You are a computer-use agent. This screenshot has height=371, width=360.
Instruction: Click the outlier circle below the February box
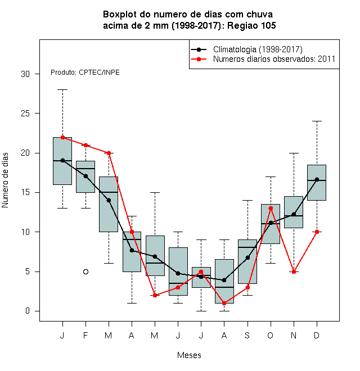[85, 272]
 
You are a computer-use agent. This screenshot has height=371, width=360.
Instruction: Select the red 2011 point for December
[317, 232]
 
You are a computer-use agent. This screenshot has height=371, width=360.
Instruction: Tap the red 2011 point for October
[271, 208]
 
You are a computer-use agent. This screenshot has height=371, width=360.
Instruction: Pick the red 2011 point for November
[294, 272]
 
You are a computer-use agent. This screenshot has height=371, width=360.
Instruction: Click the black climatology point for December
[317, 179]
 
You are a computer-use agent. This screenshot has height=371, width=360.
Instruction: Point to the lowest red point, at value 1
[224, 303]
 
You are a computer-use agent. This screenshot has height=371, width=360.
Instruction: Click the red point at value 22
[63, 137]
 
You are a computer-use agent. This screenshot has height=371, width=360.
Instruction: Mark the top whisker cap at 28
[63, 90]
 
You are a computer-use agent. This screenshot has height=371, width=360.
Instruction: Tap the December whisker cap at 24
[317, 121]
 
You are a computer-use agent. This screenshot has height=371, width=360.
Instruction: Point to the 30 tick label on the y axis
[25, 74]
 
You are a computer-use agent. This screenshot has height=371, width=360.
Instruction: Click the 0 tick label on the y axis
[28, 311]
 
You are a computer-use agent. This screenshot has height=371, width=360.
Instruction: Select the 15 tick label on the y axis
[25, 192]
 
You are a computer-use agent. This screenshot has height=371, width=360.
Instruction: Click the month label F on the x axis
[85, 335]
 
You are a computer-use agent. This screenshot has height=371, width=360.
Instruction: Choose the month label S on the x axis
[247, 335]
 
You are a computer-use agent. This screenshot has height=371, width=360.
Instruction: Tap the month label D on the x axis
[317, 335]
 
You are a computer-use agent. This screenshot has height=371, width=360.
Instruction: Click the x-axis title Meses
[189, 355]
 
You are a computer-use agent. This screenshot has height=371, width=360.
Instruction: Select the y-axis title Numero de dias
[5, 180]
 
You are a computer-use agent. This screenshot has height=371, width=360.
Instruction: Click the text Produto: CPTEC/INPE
[85, 73]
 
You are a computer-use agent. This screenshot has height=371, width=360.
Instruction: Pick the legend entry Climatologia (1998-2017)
[258, 49]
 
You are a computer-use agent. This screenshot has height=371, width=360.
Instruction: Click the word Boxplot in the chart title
[120, 15]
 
